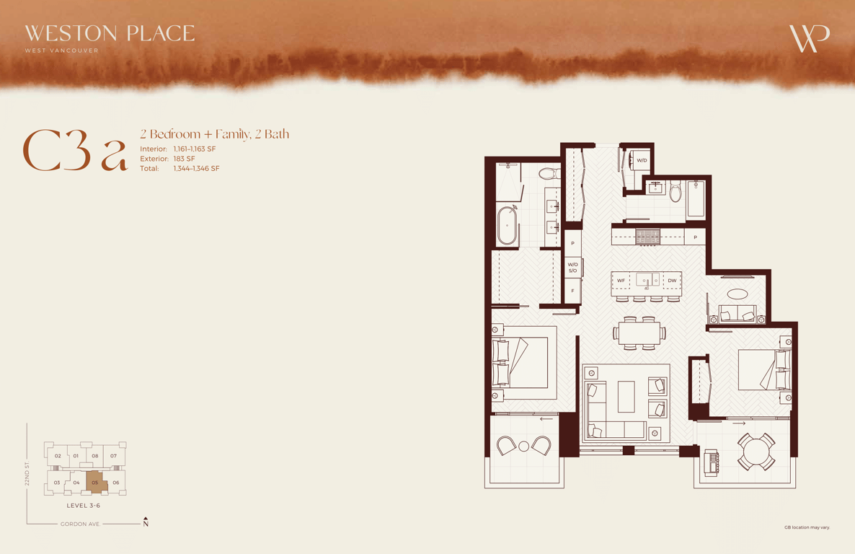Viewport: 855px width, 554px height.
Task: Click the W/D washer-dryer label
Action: (x=642, y=160)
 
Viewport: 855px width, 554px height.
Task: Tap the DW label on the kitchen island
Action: (x=672, y=281)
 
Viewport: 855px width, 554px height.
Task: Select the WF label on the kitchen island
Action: (x=621, y=281)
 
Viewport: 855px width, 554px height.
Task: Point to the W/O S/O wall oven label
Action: (x=572, y=268)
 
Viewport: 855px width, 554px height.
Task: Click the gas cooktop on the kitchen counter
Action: (x=648, y=237)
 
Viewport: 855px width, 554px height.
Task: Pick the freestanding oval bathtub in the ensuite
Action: (x=507, y=225)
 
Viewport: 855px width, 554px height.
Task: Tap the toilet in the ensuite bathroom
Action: (x=549, y=174)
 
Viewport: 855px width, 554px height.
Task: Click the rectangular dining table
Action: (x=639, y=333)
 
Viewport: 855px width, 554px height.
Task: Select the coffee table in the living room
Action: (x=626, y=397)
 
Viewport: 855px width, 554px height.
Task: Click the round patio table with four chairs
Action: (x=756, y=452)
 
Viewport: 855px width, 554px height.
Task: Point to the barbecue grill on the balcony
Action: (x=711, y=463)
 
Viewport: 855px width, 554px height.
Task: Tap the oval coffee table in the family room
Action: (x=737, y=294)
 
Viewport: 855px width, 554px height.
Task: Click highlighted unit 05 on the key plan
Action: (x=95, y=482)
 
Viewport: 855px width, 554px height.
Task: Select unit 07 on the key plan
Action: (x=113, y=456)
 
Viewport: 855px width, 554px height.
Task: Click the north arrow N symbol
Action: (x=146, y=522)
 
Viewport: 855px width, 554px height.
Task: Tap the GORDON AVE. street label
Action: (x=80, y=524)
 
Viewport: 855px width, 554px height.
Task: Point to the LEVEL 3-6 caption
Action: (x=84, y=506)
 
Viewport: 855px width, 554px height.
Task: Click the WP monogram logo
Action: (x=810, y=39)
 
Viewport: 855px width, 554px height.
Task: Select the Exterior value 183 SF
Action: (x=185, y=159)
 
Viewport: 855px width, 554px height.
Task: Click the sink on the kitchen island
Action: (x=647, y=280)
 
